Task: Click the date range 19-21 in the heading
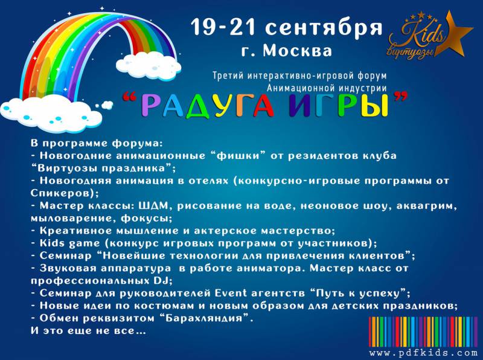(x=223, y=27)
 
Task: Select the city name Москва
(x=297, y=51)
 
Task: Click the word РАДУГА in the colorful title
(x=208, y=106)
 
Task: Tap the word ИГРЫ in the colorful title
(x=338, y=106)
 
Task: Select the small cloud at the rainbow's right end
(x=149, y=65)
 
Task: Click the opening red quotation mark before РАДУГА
(x=130, y=98)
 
